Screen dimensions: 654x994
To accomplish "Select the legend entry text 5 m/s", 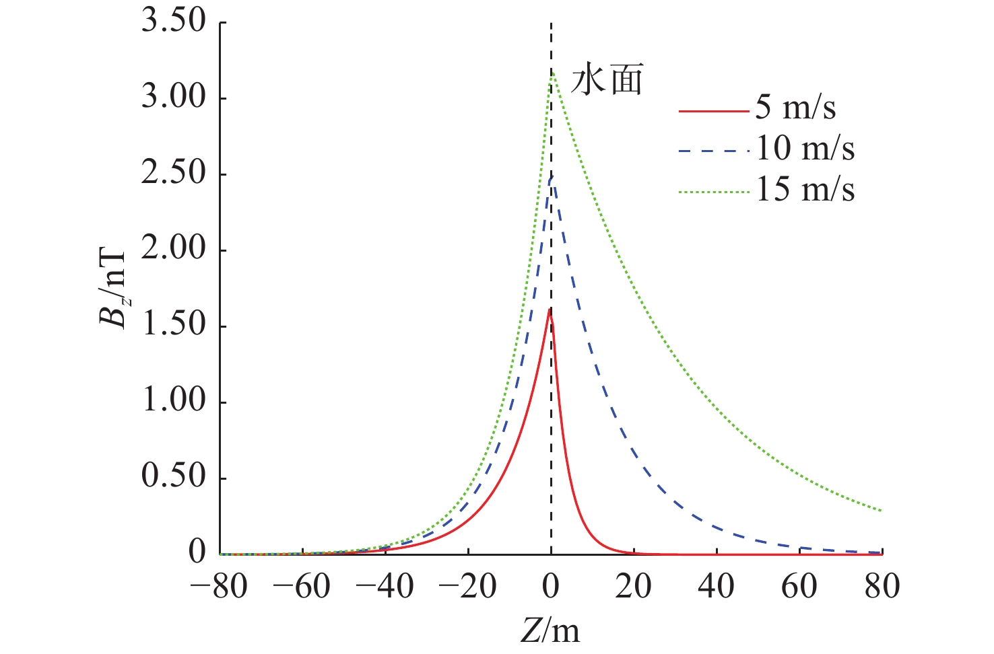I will (795, 108).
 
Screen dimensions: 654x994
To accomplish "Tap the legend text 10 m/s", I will (805, 149).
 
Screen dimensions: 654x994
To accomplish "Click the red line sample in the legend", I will (713, 110).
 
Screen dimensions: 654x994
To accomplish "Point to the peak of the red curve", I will (550, 309).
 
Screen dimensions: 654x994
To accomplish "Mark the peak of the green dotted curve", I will (552, 71).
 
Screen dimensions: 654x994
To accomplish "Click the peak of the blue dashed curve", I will (551, 177).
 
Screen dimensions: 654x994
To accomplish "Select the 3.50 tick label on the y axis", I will (173, 22).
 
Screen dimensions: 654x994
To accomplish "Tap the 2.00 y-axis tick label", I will (173, 250).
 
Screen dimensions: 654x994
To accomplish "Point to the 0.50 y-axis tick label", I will (173, 477).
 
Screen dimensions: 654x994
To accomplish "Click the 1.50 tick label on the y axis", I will (173, 326).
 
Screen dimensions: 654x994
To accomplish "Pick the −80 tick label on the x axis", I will (220, 587).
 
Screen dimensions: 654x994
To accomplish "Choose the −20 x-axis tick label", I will (468, 587).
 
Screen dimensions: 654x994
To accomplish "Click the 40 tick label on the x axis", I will (717, 587).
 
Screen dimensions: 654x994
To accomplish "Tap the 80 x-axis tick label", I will (882, 587).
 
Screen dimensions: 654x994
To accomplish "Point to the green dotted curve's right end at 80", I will (881, 510).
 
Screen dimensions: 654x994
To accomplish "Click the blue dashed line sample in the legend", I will (713, 151).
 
